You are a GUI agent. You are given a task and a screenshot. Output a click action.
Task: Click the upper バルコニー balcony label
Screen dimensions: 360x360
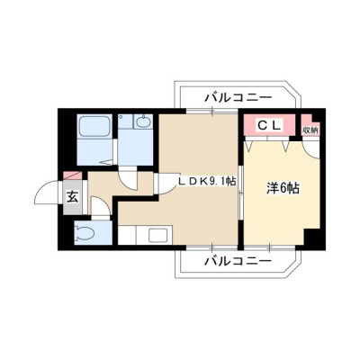point(238,97)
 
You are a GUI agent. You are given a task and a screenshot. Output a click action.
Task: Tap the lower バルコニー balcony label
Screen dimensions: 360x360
point(238,261)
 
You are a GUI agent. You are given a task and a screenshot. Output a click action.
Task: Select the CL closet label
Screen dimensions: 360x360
point(269,125)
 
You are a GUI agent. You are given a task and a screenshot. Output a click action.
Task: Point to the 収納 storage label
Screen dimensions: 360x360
point(310,130)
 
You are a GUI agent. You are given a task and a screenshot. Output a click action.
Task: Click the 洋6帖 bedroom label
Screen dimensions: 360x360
point(283,188)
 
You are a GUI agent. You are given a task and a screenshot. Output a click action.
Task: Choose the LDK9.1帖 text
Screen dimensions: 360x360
point(207,181)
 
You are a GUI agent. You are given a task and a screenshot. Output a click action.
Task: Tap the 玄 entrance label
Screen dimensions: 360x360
point(72,198)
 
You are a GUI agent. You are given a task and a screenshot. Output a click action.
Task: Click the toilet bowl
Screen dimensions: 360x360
point(85,232)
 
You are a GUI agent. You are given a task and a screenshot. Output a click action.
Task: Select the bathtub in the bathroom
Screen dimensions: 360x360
point(94,126)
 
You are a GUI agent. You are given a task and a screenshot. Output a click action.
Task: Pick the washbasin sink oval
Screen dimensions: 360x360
point(142,122)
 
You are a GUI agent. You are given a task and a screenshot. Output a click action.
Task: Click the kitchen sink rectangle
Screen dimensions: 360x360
point(158,234)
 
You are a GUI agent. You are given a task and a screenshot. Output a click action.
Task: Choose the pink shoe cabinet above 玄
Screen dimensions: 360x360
point(72,175)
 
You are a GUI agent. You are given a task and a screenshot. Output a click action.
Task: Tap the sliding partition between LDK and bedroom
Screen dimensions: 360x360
point(240,193)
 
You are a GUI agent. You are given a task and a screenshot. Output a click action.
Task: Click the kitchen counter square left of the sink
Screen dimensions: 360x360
point(127,235)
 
